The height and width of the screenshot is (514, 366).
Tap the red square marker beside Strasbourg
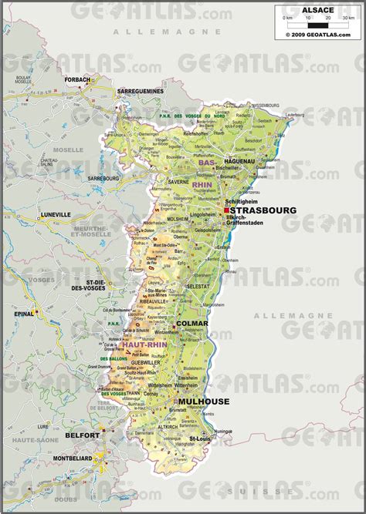coord(226,210)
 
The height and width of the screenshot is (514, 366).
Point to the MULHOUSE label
coord(204,401)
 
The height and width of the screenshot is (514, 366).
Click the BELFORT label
coord(82,435)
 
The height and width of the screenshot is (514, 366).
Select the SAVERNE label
coord(178,182)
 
